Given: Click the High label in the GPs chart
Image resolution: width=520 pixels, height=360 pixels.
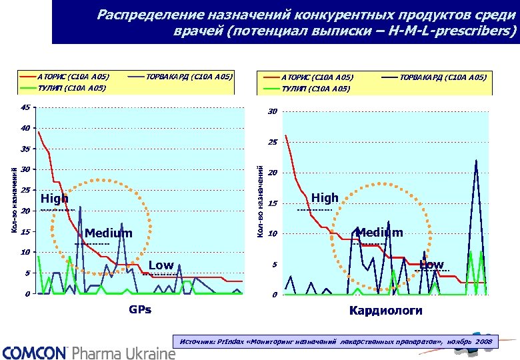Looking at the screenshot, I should point(55,199).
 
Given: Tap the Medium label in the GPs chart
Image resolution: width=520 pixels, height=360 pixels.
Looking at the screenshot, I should point(109,233).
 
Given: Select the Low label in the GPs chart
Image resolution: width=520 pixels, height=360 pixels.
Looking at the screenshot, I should point(161,265).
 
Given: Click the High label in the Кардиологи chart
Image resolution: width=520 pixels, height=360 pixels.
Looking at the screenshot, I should point(325,198).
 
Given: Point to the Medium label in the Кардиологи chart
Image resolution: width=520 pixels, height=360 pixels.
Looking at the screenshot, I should point(379,232).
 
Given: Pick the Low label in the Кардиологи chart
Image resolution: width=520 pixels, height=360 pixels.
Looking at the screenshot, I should point(431,265).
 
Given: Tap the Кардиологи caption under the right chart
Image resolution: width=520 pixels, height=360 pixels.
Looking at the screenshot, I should point(385,311).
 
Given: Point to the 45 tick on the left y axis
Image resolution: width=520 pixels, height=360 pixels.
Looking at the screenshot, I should point(25,107).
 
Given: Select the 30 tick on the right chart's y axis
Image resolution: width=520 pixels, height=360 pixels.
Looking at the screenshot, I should point(273,111).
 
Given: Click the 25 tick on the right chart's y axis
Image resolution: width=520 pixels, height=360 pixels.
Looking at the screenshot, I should point(273,142).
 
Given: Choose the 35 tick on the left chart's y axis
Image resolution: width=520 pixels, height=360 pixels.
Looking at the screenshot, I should point(25,149).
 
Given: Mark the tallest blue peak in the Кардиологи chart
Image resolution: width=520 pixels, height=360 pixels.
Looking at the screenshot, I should point(476,161).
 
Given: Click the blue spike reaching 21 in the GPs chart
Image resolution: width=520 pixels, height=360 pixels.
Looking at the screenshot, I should point(80,207).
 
